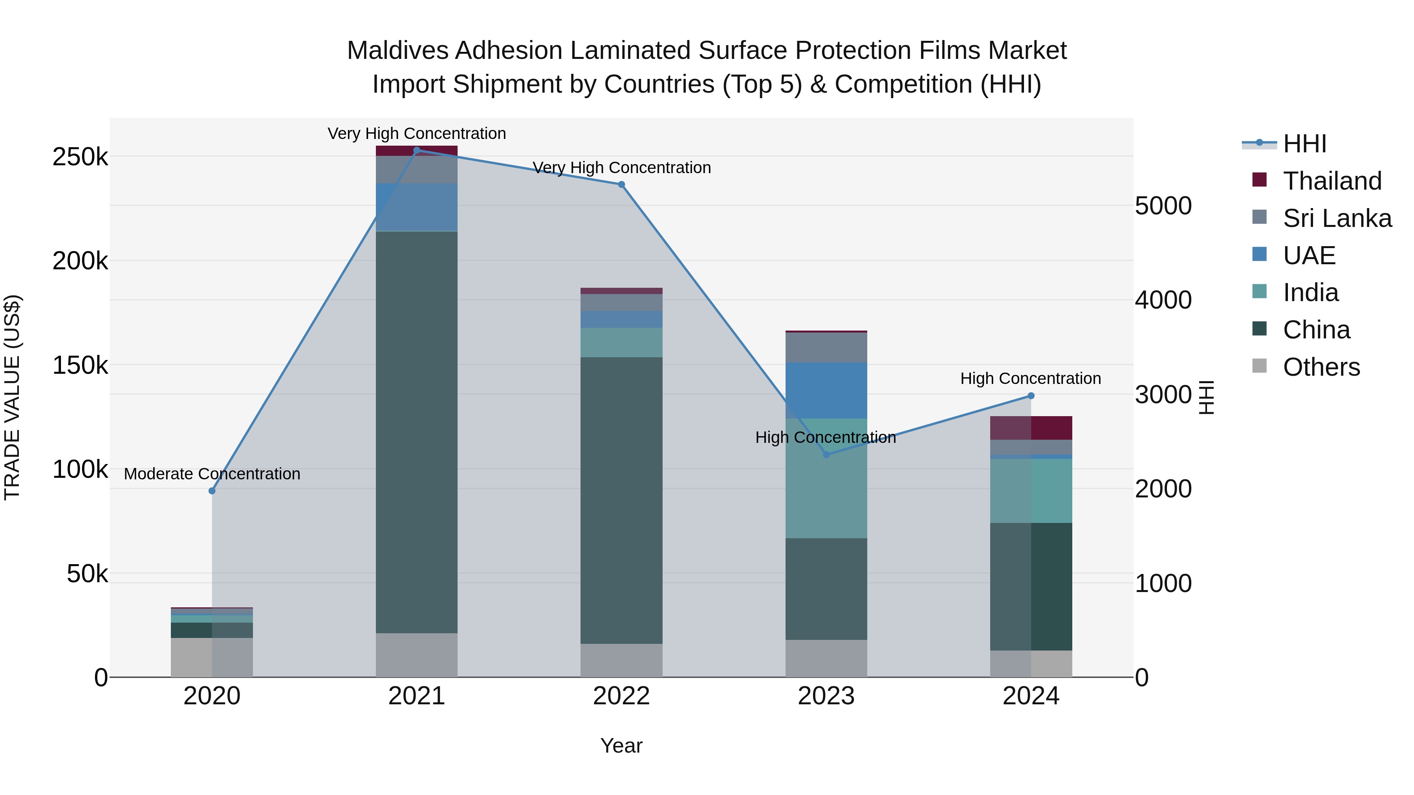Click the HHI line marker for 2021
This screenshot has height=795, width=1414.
417,150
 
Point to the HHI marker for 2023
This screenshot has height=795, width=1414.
826,454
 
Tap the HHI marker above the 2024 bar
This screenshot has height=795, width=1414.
1031,396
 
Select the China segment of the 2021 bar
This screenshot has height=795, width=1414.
417,432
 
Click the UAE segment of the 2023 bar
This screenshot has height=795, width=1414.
826,390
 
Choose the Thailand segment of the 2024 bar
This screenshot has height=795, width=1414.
1031,428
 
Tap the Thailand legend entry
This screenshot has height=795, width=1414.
1332,181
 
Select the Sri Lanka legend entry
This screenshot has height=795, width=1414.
1337,218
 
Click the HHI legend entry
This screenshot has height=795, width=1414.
1304,144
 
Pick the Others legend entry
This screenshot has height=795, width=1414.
1321,367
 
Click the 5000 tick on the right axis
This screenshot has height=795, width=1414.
1163,206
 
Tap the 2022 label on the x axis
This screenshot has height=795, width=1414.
621,696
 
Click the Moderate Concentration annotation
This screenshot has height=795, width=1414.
212,473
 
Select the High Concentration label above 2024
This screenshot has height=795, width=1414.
1030,378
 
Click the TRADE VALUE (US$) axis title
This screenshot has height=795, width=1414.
12,397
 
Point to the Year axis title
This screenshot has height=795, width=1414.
621,746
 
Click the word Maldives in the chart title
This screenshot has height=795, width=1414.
399,51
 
